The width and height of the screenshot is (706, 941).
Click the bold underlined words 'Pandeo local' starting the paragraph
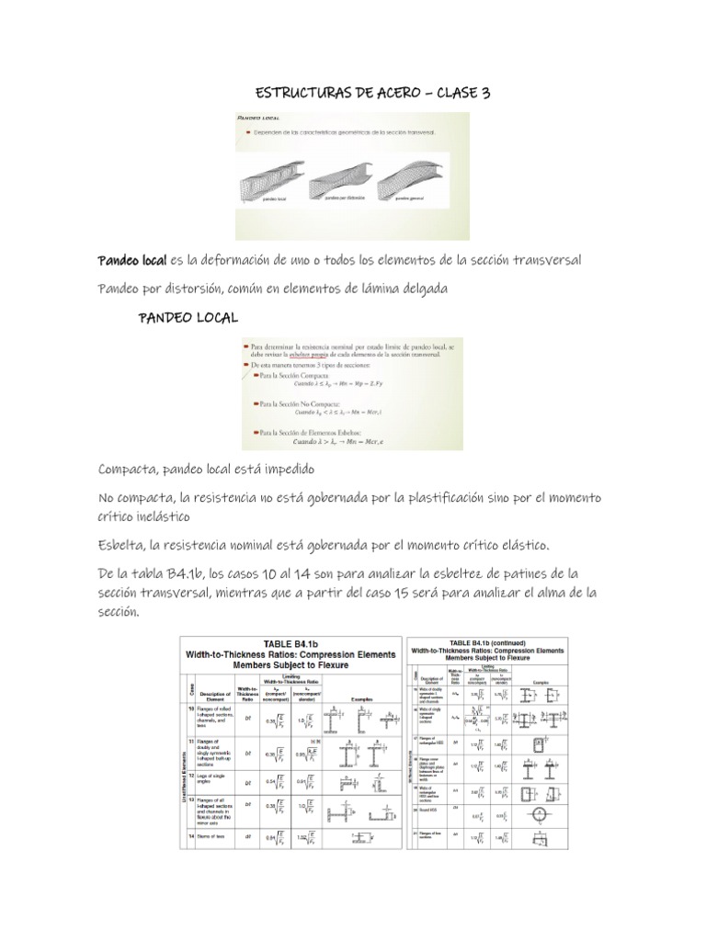(131, 261)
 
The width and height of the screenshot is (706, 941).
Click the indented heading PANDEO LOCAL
(188, 317)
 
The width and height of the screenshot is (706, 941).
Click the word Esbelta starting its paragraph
(120, 545)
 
